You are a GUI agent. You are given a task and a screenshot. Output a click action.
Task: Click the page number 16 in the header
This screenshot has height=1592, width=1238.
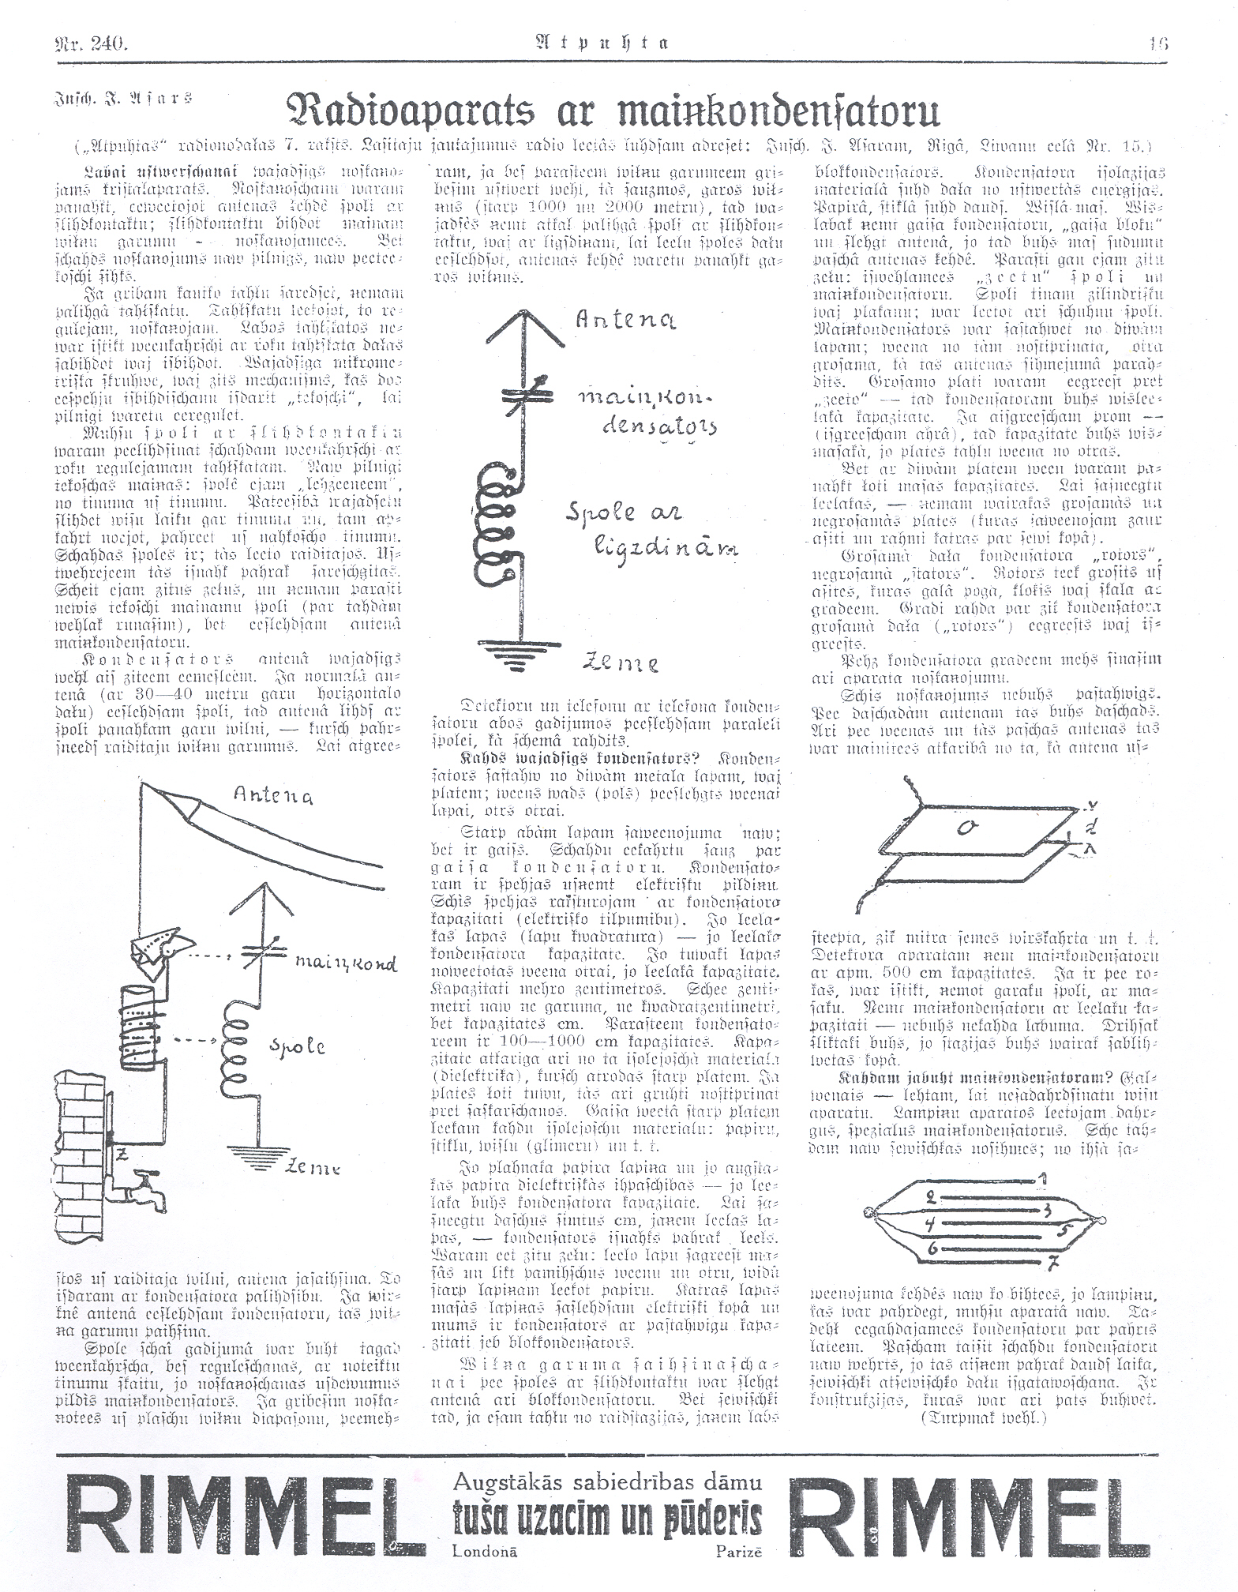[1157, 44]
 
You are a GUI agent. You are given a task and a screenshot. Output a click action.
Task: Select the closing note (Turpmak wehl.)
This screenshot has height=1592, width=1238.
[997, 1417]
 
